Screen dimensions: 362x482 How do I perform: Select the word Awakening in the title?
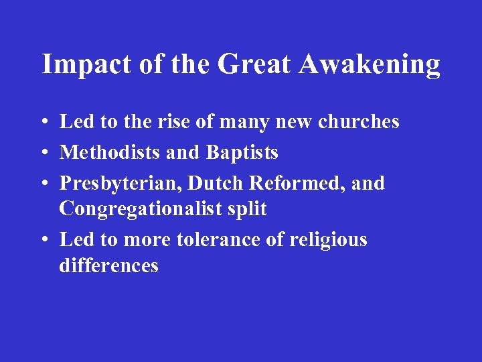[370, 65]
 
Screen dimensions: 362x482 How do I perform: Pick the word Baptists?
[242, 153]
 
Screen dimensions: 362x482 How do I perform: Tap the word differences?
[108, 265]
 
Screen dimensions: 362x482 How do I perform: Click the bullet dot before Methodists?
[43, 153]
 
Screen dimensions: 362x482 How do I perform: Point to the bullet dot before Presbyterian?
[43, 183]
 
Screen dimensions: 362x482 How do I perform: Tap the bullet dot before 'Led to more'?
[43, 240]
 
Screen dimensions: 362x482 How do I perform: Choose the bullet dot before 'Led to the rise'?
[43, 122]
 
